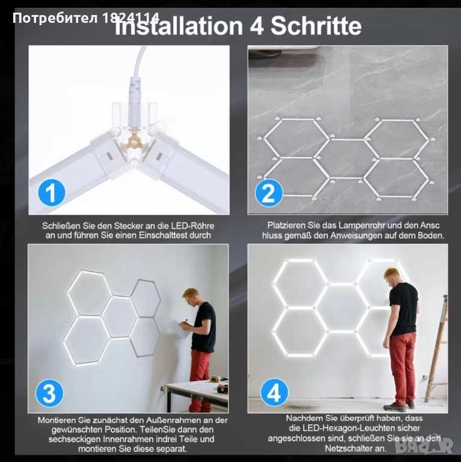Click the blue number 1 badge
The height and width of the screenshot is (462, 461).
(x=52, y=192)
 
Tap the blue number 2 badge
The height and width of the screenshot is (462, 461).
(x=269, y=192)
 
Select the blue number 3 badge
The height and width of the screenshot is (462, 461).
(x=49, y=393)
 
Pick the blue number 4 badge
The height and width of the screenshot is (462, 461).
(x=274, y=392)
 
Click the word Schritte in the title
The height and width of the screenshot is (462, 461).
(x=316, y=26)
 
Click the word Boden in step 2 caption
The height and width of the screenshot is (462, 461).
(x=432, y=236)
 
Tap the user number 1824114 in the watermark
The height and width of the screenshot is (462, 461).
(x=131, y=18)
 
